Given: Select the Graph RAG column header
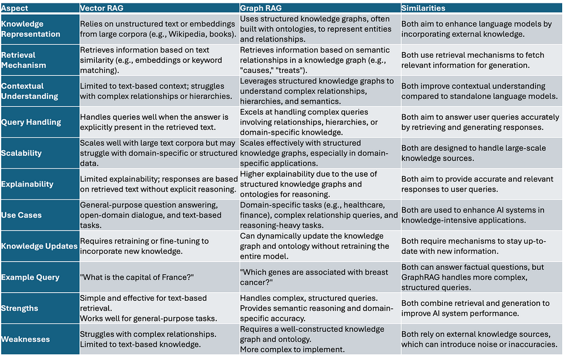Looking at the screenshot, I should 262,8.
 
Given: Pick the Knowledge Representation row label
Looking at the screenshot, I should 31,29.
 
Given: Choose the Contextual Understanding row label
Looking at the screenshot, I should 31,91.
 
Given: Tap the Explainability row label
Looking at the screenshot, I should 28,184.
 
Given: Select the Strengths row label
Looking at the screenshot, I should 20,309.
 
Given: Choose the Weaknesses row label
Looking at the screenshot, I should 26,340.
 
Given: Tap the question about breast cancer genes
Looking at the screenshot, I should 314,277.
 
